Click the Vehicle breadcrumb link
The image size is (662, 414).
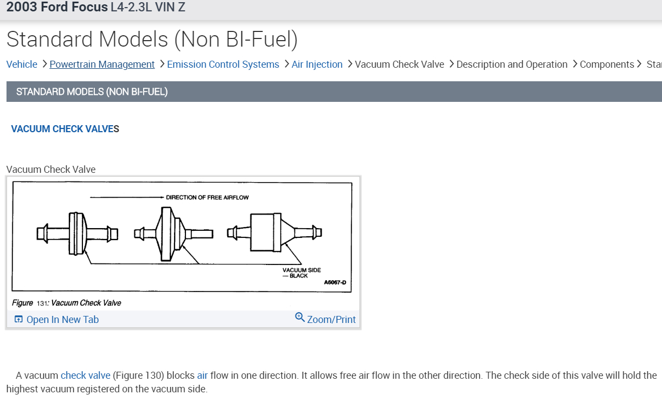coord(22,64)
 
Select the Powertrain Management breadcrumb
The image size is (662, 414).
coord(102,64)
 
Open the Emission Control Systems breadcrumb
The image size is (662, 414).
coord(223,64)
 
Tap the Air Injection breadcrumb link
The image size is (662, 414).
coord(317,64)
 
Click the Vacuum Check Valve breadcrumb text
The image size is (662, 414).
coord(399,64)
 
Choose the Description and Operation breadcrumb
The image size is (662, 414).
coord(512,64)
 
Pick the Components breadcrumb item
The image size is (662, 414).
coord(607,64)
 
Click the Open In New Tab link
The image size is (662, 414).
coord(62,320)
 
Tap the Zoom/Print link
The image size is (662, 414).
coord(331,320)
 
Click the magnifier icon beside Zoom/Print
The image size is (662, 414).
coord(300,318)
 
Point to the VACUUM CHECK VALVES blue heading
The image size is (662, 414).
coord(65,129)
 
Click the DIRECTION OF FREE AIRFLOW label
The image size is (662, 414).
coord(207,197)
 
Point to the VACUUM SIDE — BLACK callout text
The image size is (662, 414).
coord(301,273)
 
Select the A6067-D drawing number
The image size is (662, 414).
coord(335,282)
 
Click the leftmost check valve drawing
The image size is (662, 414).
coord(78,233)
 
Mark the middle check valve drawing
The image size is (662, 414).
coord(173,234)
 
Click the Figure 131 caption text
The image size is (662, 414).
coord(66,303)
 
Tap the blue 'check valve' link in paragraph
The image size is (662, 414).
coord(85,376)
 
